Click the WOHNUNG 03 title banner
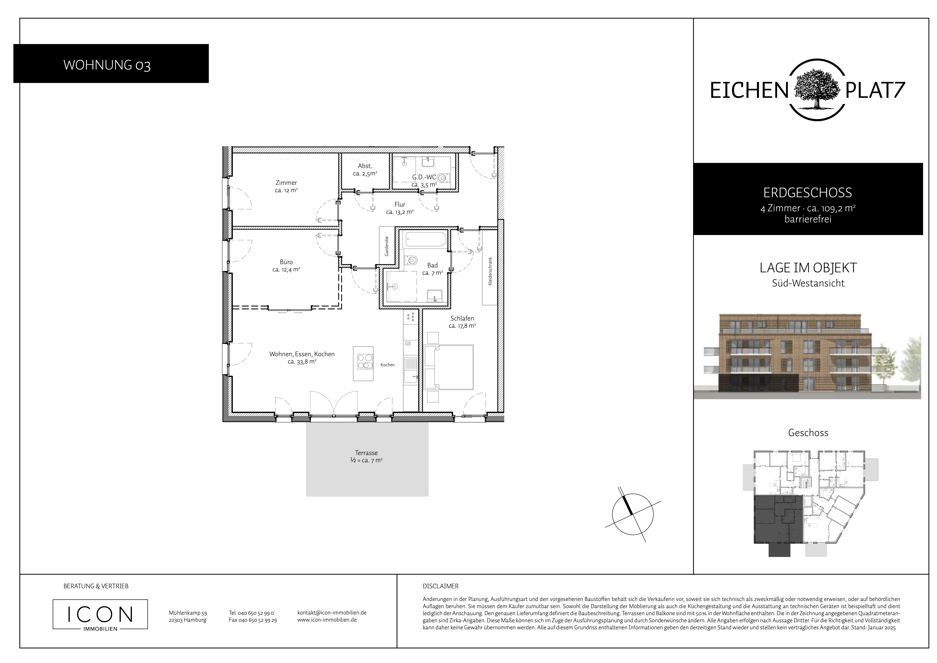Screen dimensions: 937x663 (111, 64)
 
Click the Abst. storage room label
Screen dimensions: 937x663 (365, 169)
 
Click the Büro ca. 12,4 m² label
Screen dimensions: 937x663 (286, 266)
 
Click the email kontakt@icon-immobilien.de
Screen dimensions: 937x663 (332, 613)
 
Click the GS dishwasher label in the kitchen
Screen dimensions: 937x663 (408, 344)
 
